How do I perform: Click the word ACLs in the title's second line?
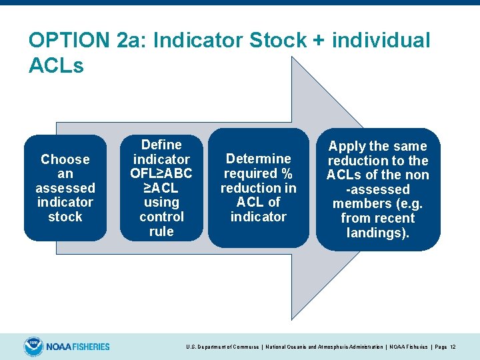(x=57, y=66)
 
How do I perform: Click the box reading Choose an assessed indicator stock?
(x=65, y=188)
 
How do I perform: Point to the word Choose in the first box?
(x=65, y=159)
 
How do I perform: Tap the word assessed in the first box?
(x=65, y=188)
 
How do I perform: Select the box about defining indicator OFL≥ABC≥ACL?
(x=161, y=188)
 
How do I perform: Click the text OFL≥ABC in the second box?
(x=161, y=173)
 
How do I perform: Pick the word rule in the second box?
(x=161, y=231)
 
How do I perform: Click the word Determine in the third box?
(x=258, y=159)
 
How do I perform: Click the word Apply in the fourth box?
(x=348, y=146)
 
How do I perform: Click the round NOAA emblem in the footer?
(x=33, y=347)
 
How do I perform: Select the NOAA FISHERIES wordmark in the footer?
(x=78, y=347)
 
